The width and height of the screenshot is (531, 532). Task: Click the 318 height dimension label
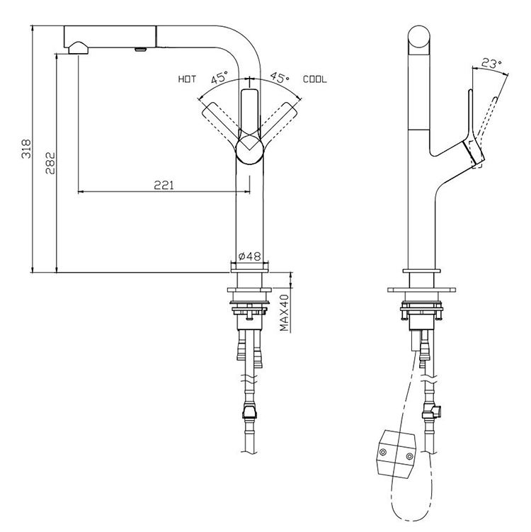(x=26, y=148)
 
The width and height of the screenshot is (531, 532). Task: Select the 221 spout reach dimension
(x=164, y=185)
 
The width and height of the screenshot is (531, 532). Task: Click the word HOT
(x=187, y=79)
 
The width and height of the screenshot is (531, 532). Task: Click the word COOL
(x=315, y=79)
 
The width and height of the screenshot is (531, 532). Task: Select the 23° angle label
(x=490, y=64)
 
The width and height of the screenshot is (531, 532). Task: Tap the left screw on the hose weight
(x=382, y=451)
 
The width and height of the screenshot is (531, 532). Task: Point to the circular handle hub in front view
(x=249, y=150)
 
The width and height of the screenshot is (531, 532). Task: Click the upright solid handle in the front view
(x=249, y=113)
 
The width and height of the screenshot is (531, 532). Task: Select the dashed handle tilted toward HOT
(x=219, y=120)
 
